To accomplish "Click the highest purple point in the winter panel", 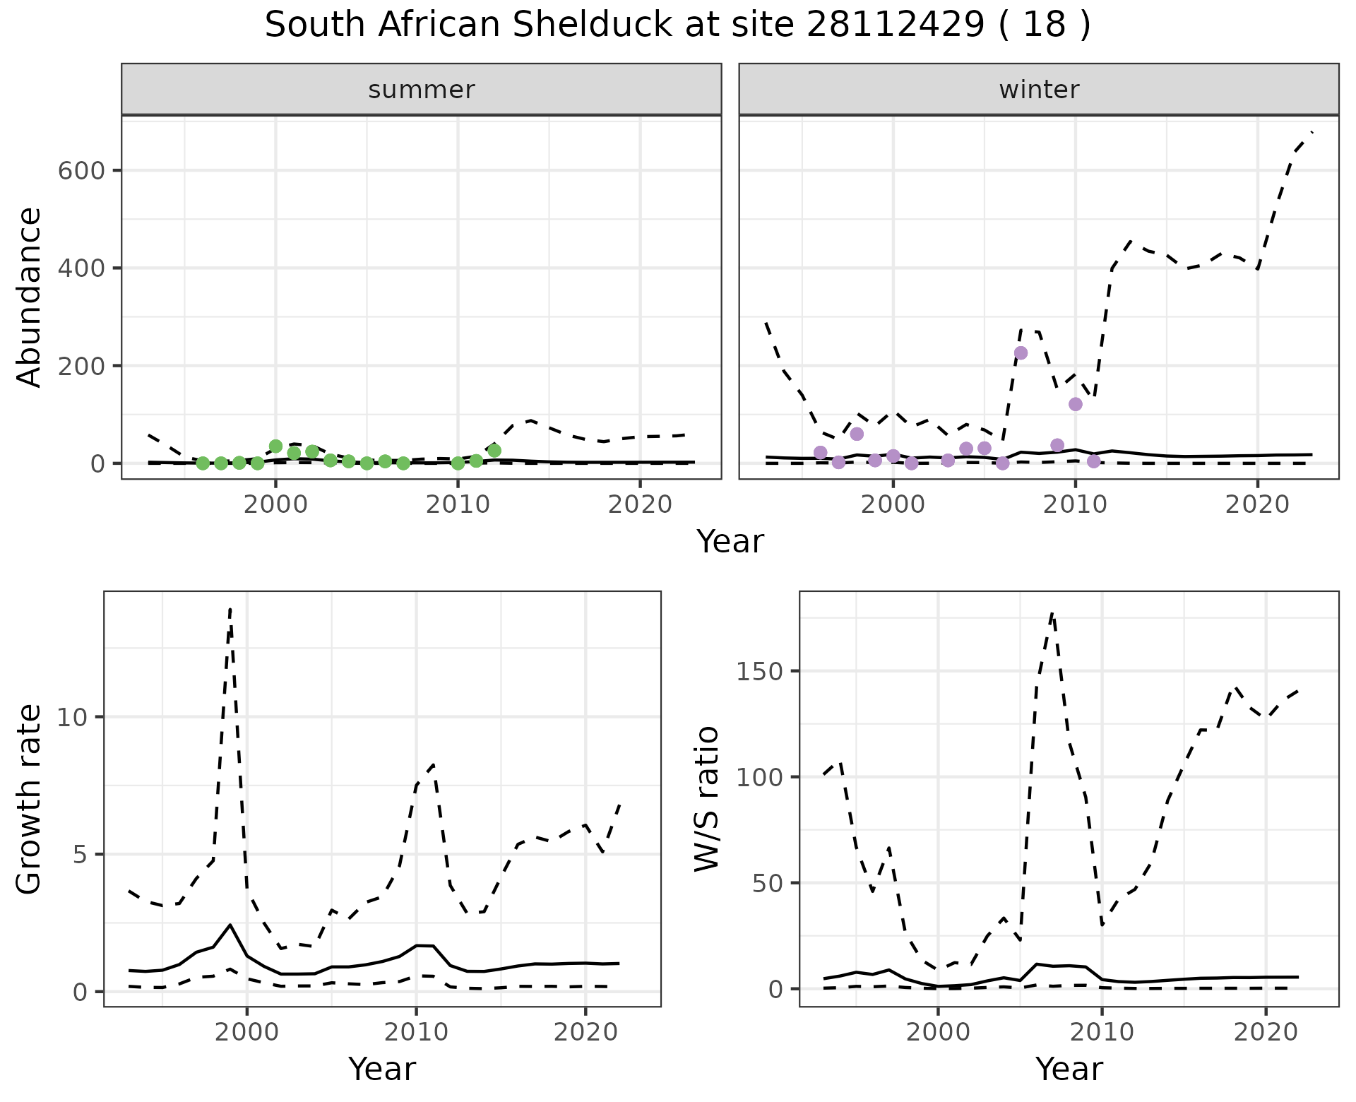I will [1021, 353].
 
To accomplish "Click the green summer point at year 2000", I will [275, 446].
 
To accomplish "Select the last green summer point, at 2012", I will [494, 451].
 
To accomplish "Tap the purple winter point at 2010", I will [1076, 404].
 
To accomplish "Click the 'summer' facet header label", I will [422, 90].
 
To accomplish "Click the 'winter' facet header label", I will [1039, 90].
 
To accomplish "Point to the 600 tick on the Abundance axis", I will [81, 171].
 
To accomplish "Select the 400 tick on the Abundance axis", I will [81, 268].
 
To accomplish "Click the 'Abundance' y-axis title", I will [30, 297].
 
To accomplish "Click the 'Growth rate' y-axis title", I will [30, 799].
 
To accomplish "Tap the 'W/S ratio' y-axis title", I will [706, 799].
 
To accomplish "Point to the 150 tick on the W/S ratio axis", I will [760, 671].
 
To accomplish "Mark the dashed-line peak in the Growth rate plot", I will [230, 609].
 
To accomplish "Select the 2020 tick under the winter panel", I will [1257, 504].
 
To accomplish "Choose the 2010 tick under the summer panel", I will [458, 504].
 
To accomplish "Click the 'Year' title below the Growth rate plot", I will [382, 1069].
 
